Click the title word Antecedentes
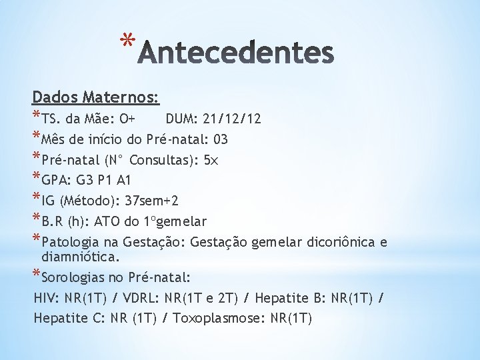pos(235,53)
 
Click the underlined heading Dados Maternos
pos(96,98)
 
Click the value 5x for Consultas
pos(211,160)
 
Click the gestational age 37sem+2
pos(147,201)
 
